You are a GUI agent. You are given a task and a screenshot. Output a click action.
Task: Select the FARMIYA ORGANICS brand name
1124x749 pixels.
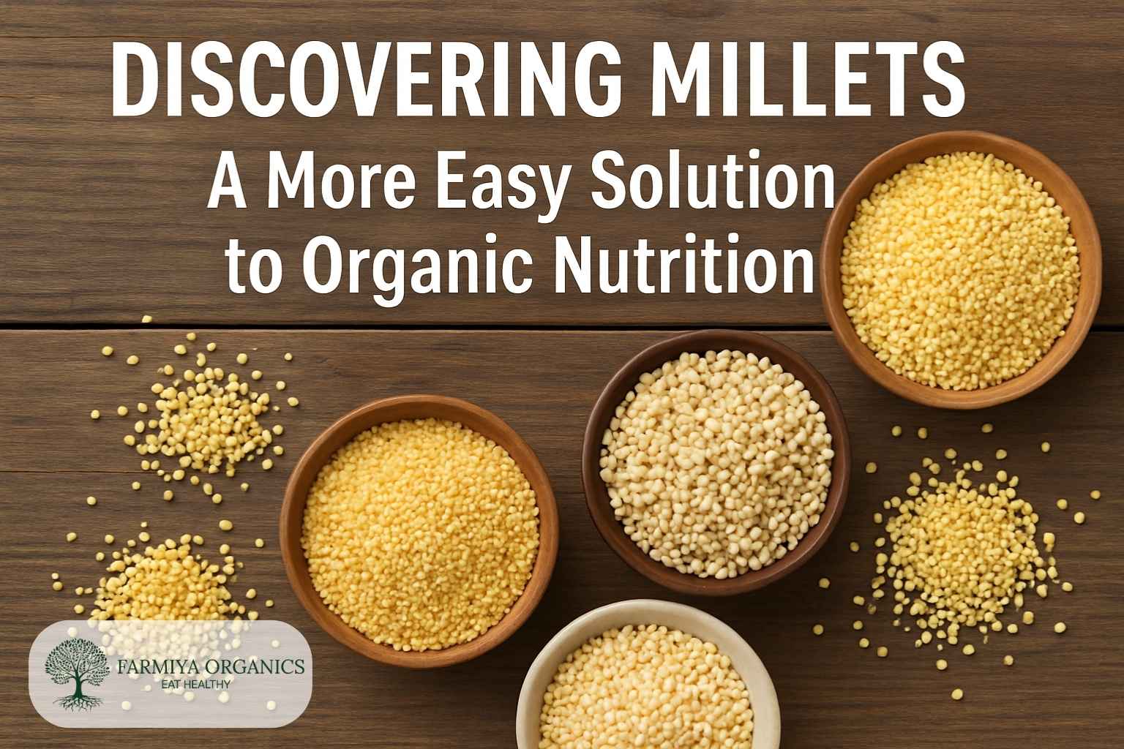pos(211,666)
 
